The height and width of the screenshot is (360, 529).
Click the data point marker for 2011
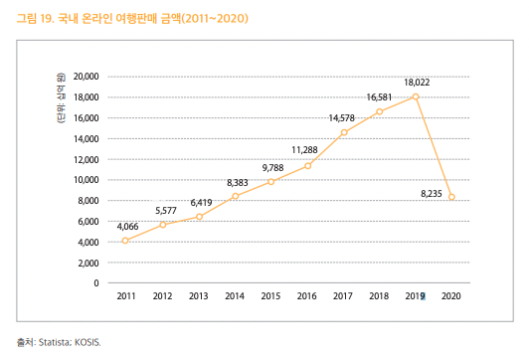(125, 241)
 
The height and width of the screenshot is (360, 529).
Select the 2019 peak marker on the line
(416, 96)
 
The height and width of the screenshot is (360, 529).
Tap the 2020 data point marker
(451, 197)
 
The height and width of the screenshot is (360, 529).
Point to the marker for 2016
(307, 166)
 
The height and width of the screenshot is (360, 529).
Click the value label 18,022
(417, 83)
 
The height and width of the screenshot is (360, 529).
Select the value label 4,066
(128, 227)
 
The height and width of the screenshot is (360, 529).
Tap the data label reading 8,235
(432, 194)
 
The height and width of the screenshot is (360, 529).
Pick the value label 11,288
(304, 150)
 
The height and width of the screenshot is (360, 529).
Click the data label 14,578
(342, 118)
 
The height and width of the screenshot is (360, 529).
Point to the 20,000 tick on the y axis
(87, 77)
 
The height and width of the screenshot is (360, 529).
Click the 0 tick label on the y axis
(96, 283)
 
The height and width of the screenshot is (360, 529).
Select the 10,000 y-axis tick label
(87, 180)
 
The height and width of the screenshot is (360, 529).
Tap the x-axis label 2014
(235, 296)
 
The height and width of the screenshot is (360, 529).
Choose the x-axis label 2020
(451, 296)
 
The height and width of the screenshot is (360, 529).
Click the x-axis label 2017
(343, 296)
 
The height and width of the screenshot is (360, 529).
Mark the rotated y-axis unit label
(61, 98)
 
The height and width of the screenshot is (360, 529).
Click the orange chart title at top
(132, 18)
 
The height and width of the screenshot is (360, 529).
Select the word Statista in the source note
(55, 342)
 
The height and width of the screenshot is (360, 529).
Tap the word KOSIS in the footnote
(88, 342)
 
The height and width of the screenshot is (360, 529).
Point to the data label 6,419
(202, 203)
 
